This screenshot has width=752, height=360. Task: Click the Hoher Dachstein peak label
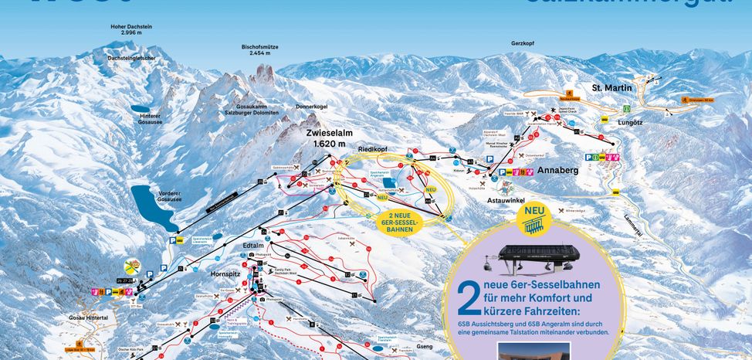coord(132,29)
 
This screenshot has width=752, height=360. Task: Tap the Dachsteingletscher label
coord(134,59)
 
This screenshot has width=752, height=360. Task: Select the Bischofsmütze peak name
coord(260,49)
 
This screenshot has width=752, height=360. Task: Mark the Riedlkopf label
coord(372,148)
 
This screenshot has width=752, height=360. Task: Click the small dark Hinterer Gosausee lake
coord(142,110)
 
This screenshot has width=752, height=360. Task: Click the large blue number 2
coord(465,300)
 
